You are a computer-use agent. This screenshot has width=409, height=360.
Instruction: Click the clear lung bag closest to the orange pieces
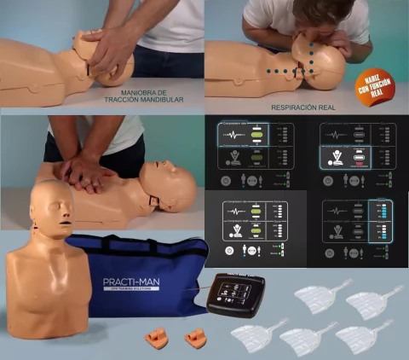tap(257, 335)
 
